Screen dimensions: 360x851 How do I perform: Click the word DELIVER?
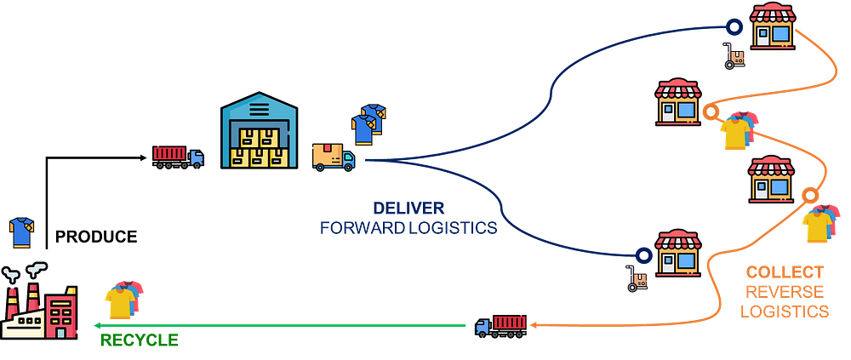408,209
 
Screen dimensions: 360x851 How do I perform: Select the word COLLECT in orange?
784,273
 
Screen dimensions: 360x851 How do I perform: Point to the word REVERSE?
784,292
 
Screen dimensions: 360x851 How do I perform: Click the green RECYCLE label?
140,340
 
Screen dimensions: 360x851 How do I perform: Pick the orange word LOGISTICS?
784,311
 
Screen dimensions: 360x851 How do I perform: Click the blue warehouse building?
260,132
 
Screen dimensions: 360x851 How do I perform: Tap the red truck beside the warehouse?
178,156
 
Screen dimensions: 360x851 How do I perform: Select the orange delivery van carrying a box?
333,156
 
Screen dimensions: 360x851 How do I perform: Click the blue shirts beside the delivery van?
368,123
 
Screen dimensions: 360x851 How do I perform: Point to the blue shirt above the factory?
20,231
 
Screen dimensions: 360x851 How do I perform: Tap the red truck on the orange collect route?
501,324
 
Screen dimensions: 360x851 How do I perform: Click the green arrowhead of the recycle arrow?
97,324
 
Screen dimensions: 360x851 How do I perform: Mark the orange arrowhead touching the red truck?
533,324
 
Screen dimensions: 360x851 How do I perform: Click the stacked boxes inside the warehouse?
260,147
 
